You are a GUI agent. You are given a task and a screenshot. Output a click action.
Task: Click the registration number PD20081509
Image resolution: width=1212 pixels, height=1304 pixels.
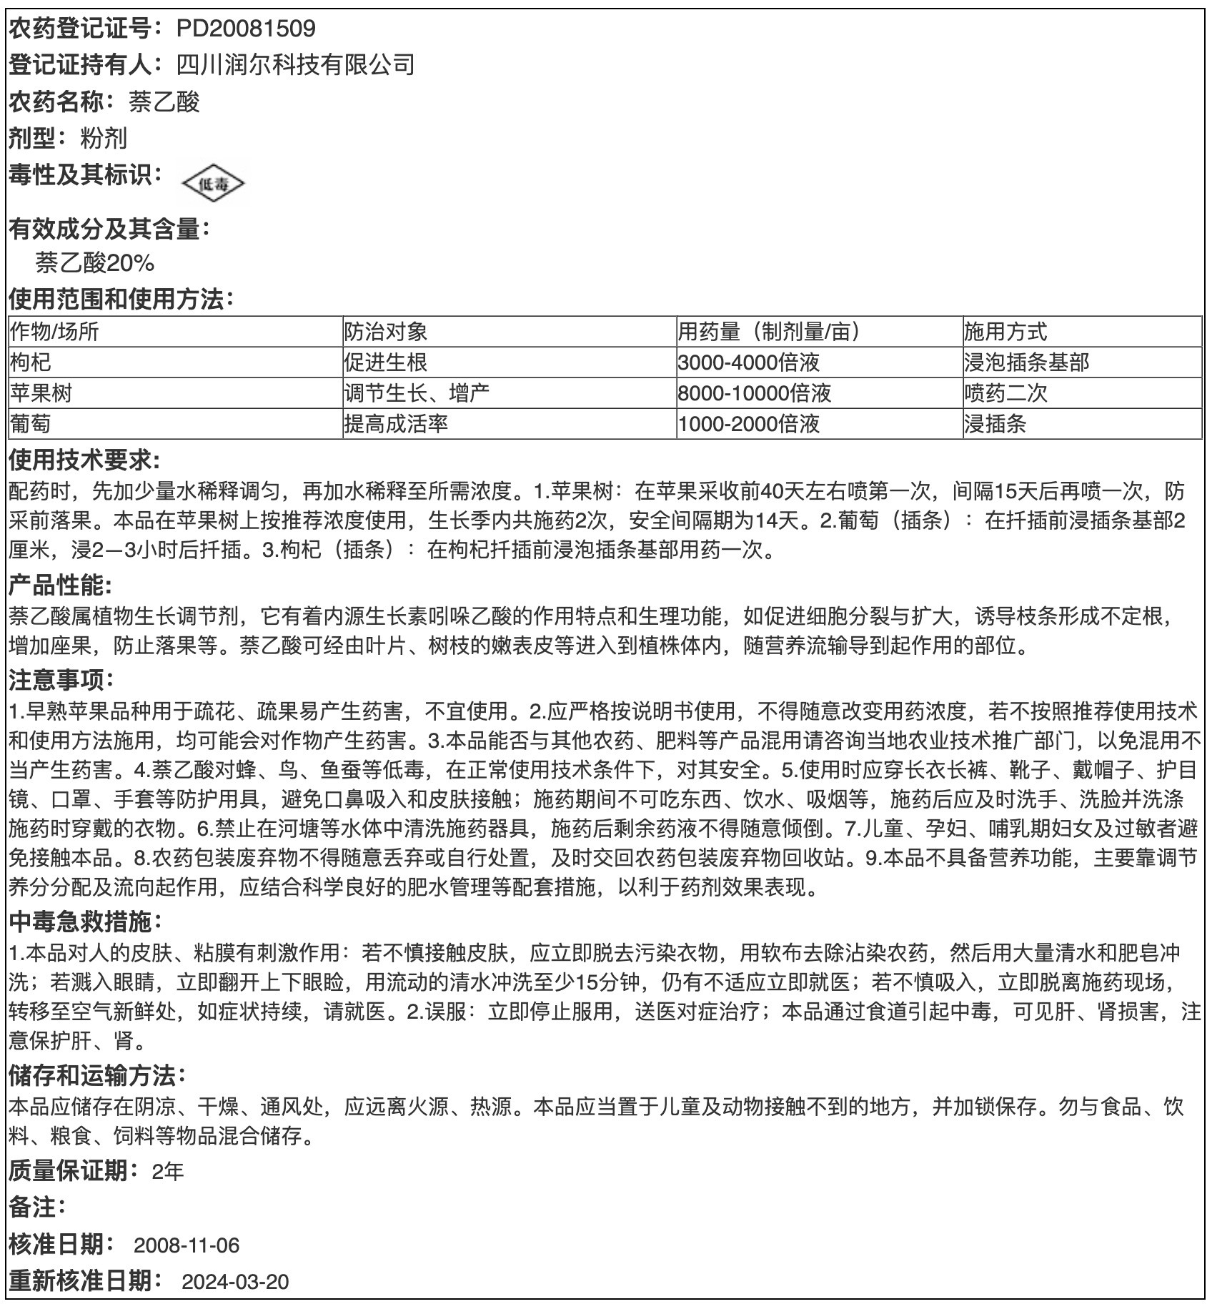pos(246,29)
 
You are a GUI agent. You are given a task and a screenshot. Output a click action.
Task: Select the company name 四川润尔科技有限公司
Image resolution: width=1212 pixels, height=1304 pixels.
pos(295,65)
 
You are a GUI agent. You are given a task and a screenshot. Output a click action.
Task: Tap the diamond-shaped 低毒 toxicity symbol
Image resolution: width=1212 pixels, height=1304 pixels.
pos(213,184)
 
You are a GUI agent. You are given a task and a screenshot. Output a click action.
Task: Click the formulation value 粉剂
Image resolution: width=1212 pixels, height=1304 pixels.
pos(104,138)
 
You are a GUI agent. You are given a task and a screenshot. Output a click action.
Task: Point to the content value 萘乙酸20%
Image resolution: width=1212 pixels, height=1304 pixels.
pos(95,263)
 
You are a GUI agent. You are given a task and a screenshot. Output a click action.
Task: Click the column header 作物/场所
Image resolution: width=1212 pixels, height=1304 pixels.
pos(54,332)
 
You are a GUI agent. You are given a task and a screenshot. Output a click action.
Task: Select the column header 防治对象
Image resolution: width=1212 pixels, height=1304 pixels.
pos(385,332)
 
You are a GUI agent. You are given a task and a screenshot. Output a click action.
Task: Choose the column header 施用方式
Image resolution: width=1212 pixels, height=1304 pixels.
pos(1005,332)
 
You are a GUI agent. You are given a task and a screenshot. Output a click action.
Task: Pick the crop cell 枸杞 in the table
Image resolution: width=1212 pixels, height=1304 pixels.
pos(31,362)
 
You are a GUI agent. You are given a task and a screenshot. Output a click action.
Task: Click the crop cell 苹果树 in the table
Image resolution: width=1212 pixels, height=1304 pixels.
pos(41,393)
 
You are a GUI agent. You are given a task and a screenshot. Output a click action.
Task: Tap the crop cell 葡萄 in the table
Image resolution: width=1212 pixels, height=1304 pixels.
pos(31,424)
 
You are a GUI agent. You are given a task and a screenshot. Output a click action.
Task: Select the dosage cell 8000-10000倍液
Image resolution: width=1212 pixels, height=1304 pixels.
pos(754,393)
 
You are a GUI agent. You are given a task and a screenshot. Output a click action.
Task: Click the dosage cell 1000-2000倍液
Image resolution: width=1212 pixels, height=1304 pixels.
pos(748,424)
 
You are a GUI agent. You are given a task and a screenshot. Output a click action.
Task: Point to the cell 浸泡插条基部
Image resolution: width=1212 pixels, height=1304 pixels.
pos(1026,362)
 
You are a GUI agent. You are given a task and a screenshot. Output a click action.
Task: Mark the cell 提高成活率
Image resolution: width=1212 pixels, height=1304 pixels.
pos(396,424)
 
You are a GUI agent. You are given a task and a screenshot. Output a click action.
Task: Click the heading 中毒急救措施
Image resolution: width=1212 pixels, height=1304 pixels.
pos(81,922)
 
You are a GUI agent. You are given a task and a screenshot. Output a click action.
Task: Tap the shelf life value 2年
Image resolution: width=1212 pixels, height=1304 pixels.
pos(168,1171)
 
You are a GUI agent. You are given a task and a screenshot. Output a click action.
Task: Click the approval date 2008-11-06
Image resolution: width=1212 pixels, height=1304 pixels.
pos(187,1245)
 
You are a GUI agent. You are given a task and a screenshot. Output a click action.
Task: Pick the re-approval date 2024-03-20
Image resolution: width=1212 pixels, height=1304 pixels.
pos(235,1281)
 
